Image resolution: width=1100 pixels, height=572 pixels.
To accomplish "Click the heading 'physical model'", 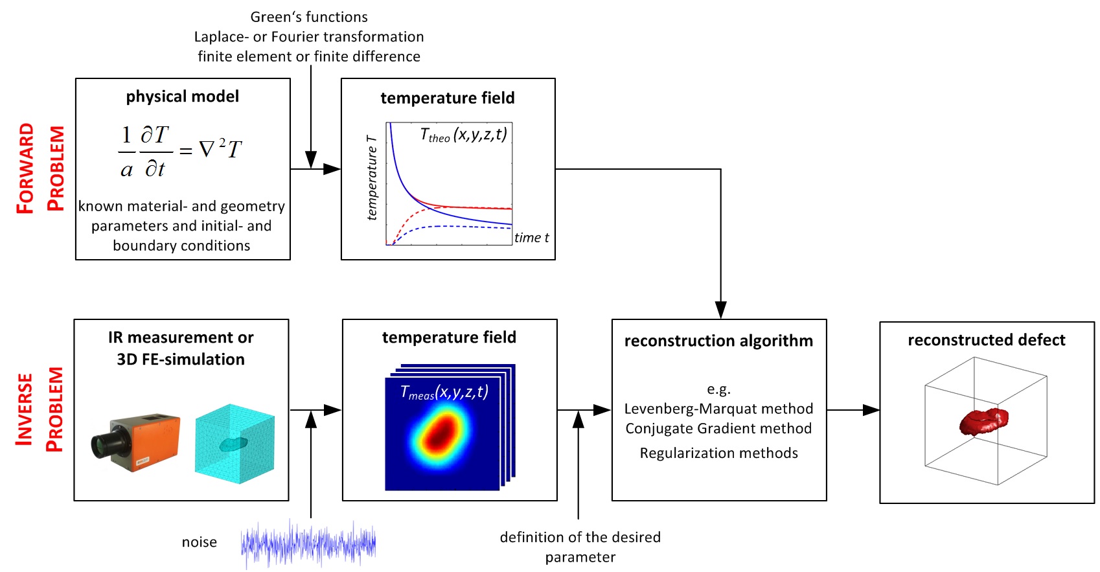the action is pyautogui.click(x=182, y=97).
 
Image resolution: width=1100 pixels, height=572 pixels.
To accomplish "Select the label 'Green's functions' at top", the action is pyautogui.click(x=309, y=17).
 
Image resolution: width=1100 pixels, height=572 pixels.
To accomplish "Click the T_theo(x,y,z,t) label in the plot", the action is pyautogui.click(x=464, y=134).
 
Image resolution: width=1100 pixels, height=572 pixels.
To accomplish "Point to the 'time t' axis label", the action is pyautogui.click(x=531, y=238).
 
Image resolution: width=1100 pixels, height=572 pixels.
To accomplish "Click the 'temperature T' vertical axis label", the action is pyautogui.click(x=372, y=177).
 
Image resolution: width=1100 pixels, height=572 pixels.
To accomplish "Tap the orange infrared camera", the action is pyautogui.click(x=136, y=442).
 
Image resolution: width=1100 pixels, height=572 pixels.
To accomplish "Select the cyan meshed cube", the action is pyautogui.click(x=235, y=444).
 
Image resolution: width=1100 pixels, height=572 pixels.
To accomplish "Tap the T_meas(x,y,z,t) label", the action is pyautogui.click(x=444, y=393).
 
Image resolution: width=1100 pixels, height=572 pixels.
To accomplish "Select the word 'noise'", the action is pyautogui.click(x=200, y=542).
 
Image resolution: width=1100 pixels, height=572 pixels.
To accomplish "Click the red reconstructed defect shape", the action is pyautogui.click(x=983, y=422).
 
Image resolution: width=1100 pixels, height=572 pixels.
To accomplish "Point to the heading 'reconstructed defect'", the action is pyautogui.click(x=987, y=339).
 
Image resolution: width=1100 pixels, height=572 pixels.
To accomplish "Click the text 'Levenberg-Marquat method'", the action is pyautogui.click(x=718, y=409).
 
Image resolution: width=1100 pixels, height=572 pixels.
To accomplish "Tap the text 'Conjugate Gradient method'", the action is pyautogui.click(x=718, y=429).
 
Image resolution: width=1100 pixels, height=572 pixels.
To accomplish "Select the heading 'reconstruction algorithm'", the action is pyautogui.click(x=718, y=341).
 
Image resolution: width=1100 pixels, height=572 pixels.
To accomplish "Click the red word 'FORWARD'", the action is pyautogui.click(x=25, y=168).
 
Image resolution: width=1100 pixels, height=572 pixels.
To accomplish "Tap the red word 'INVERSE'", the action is pyautogui.click(x=25, y=409).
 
